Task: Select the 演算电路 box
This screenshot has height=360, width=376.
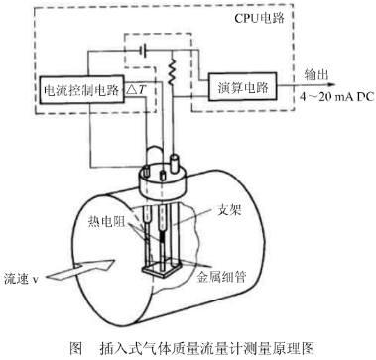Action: [241, 87]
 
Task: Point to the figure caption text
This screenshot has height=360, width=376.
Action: [186, 348]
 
